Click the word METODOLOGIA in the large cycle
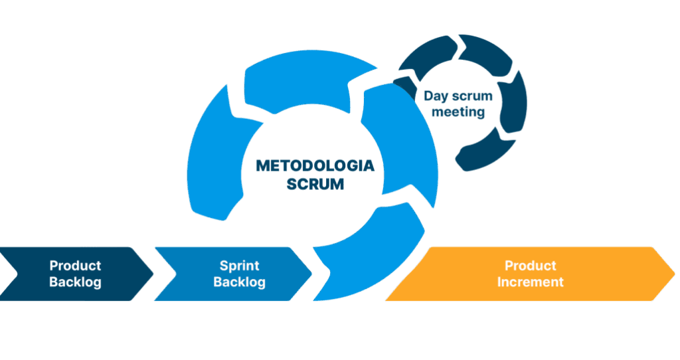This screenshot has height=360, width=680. pyautogui.click(x=315, y=166)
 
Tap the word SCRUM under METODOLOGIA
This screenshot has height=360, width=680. pyautogui.click(x=315, y=184)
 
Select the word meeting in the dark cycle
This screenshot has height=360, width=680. pyautogui.click(x=458, y=112)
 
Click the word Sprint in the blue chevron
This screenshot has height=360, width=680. pyautogui.click(x=239, y=266)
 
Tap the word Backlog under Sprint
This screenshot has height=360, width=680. pyautogui.click(x=239, y=282)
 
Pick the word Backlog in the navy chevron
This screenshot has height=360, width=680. pyautogui.click(x=75, y=282)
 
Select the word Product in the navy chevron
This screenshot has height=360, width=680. pyautogui.click(x=75, y=266)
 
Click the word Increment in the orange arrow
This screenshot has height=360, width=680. pyautogui.click(x=531, y=282)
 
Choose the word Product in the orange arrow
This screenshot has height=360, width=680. pyautogui.click(x=531, y=266)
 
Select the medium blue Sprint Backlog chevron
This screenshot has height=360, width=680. pyautogui.click(x=179, y=274)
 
